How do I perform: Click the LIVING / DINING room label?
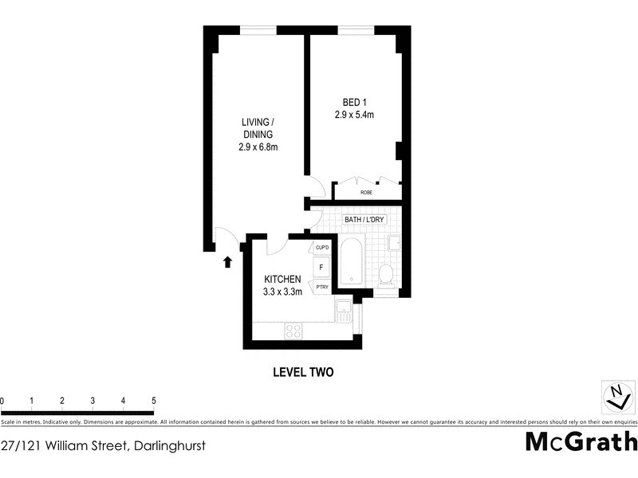(258, 128)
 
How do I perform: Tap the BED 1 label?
(354, 102)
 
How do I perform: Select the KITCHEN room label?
(282, 279)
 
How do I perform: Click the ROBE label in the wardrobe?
(366, 193)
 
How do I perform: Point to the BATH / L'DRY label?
(364, 219)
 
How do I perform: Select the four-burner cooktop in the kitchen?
(293, 330)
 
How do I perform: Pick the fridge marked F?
(322, 268)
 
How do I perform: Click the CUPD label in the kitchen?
(322, 248)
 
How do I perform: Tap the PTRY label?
(322, 287)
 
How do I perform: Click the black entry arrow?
(227, 261)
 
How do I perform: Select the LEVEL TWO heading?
(302, 372)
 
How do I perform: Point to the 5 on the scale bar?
(153, 401)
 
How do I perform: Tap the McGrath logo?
(581, 441)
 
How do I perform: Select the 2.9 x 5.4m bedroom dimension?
(354, 115)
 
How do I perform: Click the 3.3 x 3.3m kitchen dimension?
(282, 292)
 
